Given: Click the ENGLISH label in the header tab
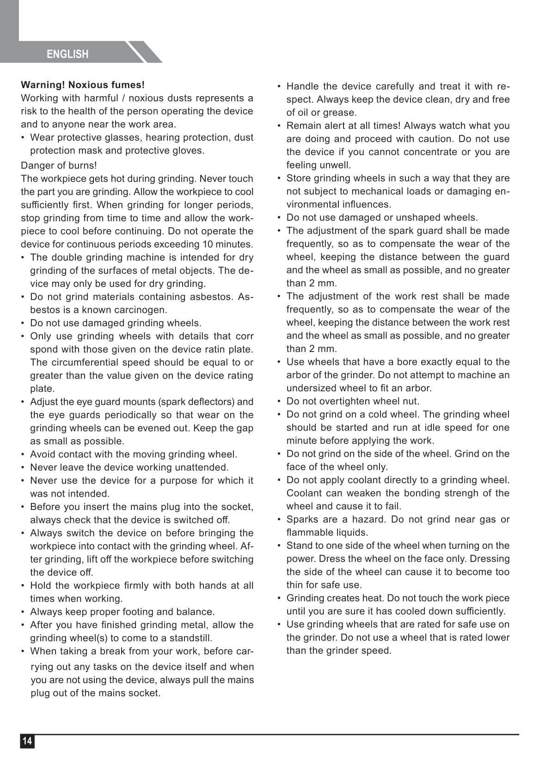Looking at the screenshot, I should (67, 54).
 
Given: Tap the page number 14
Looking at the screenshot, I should (27, 741).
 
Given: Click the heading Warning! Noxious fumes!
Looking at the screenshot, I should (83, 85).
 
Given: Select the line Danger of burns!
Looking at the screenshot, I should (59, 165).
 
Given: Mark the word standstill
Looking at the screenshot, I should (187, 638).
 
